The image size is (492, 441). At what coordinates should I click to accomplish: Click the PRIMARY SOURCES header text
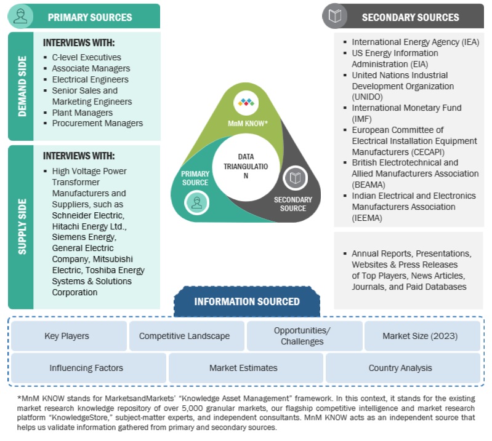[x=90, y=17]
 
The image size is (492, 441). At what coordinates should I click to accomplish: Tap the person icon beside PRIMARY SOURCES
[x=21, y=17]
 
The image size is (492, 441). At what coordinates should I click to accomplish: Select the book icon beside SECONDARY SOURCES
[x=335, y=17]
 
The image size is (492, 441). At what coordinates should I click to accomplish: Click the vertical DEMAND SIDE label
[x=22, y=86]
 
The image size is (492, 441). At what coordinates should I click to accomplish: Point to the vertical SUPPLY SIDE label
[x=22, y=226]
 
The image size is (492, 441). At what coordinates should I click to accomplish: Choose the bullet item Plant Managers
[x=82, y=113]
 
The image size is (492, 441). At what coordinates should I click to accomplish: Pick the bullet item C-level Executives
[x=86, y=57]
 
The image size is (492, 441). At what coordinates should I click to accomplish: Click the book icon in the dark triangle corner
[x=295, y=178]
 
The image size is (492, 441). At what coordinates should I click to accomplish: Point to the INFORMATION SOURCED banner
[x=247, y=301]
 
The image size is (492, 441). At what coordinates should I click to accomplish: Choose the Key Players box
[x=67, y=336]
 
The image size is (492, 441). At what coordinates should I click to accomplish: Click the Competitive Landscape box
[x=184, y=336]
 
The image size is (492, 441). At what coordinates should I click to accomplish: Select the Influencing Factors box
[x=86, y=368]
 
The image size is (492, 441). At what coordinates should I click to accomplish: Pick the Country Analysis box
[x=400, y=368]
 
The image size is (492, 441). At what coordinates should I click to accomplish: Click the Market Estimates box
[x=243, y=368]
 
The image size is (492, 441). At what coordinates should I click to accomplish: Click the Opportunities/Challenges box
[x=302, y=336]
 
